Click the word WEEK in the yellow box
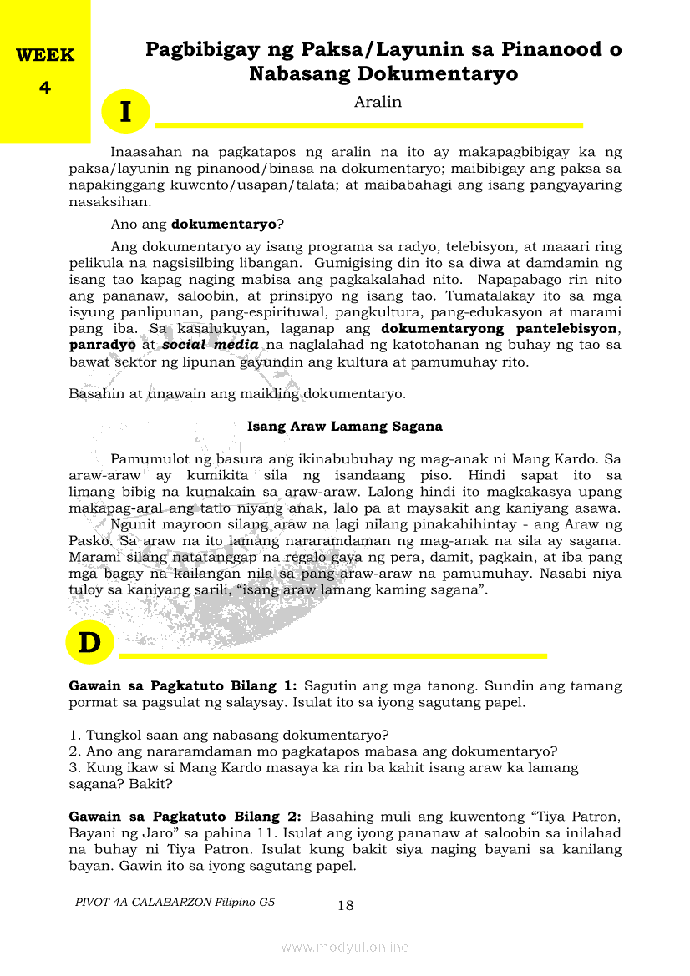pyautogui.click(x=45, y=56)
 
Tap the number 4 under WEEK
pyautogui.click(x=45, y=87)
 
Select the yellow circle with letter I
pyautogui.click(x=125, y=112)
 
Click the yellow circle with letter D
pyautogui.click(x=89, y=644)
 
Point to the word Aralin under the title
pyautogui.click(x=378, y=102)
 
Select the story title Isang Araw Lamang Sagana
pyautogui.click(x=345, y=426)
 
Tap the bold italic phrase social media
pyautogui.click(x=211, y=345)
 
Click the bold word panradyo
pyautogui.click(x=102, y=345)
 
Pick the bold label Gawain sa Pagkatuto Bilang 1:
pyautogui.click(x=182, y=685)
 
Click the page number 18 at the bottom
pyautogui.click(x=346, y=905)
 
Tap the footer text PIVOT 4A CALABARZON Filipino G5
pyautogui.click(x=175, y=902)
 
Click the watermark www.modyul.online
pyautogui.click(x=345, y=947)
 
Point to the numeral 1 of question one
pyautogui.click(x=74, y=735)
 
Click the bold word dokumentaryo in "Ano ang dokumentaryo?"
pyautogui.click(x=223, y=224)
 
